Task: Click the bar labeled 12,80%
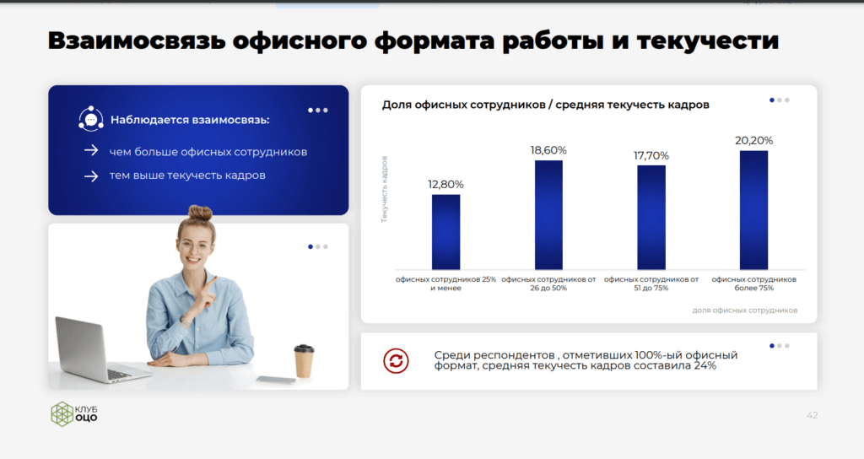(x=445, y=232)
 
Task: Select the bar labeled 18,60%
(x=548, y=215)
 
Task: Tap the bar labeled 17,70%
(x=651, y=218)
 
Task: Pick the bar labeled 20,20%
(x=753, y=210)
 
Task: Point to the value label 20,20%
(x=753, y=141)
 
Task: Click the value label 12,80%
(x=445, y=185)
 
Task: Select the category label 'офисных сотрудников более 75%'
(x=753, y=283)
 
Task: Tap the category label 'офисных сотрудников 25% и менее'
(x=445, y=283)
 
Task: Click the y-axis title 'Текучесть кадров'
(x=385, y=189)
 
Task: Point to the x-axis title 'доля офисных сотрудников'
(x=745, y=310)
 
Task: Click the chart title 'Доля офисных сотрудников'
(x=463, y=105)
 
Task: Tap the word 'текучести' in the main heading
(x=708, y=40)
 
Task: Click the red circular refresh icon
(x=397, y=361)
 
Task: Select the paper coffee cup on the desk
(x=304, y=361)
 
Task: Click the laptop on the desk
(x=96, y=350)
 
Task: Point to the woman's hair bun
(x=199, y=213)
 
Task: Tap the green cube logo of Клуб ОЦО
(x=62, y=413)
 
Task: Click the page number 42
(x=813, y=415)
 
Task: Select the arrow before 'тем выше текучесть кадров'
(x=91, y=176)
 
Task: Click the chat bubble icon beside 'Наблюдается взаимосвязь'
(x=91, y=119)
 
